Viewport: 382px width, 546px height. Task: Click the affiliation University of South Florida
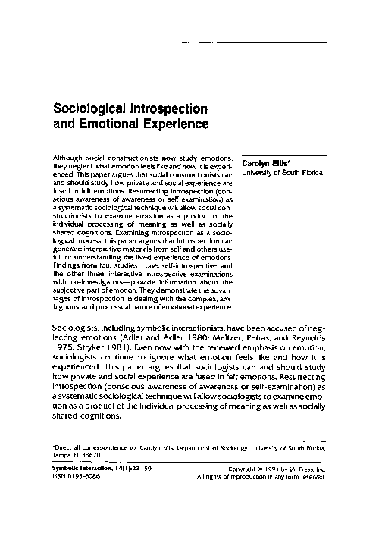click(281, 172)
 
